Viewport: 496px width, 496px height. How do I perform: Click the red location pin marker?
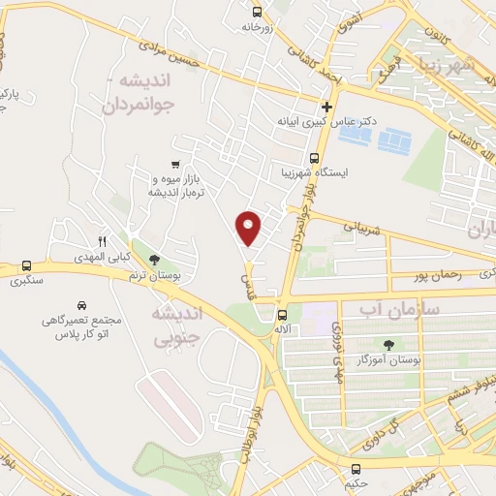(250, 228)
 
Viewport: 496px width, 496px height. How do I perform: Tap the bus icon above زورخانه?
(257, 12)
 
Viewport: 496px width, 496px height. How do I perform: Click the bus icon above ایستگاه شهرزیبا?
(313, 158)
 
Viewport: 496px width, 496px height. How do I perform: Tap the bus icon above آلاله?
(282, 315)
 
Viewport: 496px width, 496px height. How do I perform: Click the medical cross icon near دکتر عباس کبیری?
(327, 107)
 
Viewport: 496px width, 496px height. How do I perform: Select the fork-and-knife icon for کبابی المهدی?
(102, 241)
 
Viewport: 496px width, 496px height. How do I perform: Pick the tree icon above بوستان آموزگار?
(389, 344)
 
